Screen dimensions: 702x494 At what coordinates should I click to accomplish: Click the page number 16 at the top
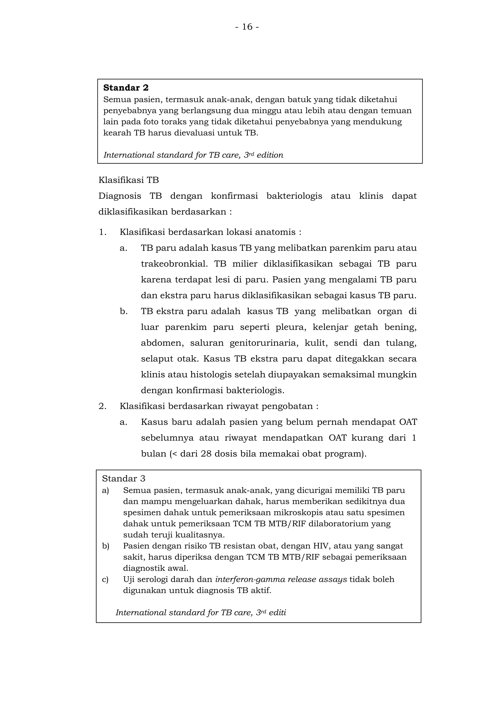(x=247, y=27)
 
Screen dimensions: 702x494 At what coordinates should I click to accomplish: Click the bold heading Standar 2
(x=126, y=88)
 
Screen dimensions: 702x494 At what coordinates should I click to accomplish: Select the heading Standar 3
(x=123, y=479)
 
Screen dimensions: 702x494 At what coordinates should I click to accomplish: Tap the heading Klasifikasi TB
(x=128, y=180)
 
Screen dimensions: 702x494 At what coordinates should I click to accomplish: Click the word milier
(x=245, y=264)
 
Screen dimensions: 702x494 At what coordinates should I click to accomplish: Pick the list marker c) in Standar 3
(x=105, y=579)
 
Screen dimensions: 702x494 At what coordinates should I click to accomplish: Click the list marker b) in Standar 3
(x=105, y=546)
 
